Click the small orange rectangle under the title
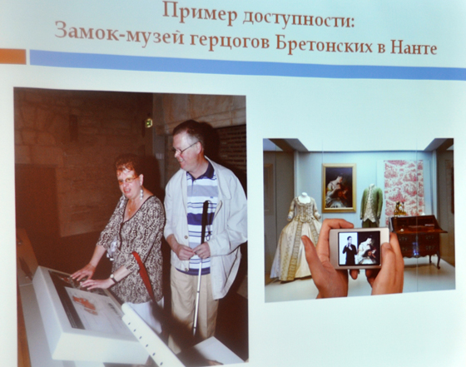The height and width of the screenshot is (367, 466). (12, 56)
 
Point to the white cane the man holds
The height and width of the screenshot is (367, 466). (201, 266)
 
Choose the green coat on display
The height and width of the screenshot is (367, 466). (371, 204)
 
